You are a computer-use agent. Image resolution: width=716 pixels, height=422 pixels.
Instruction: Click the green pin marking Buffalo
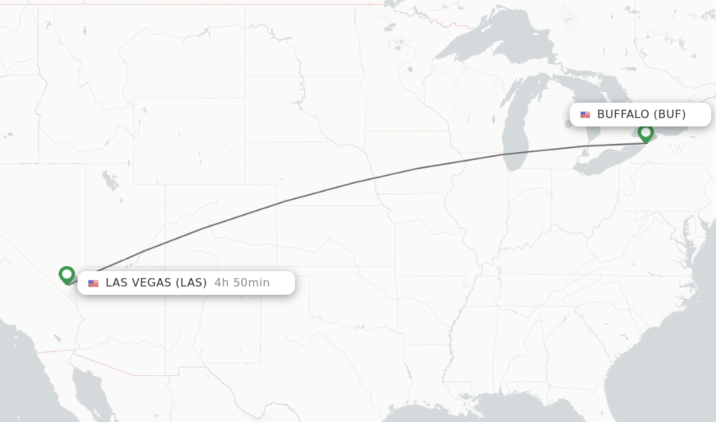pos(645,132)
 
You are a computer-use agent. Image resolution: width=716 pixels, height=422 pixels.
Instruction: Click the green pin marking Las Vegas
pos(67,275)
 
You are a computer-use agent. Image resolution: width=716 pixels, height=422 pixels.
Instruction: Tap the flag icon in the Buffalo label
pos(585,115)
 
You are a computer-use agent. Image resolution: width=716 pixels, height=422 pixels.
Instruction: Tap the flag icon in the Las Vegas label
pos(93,283)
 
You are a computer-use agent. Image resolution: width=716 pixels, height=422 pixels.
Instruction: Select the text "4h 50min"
pos(242,283)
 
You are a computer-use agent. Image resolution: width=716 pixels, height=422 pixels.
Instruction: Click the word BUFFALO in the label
pos(623,115)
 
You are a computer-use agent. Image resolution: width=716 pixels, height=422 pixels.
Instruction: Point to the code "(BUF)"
pos(670,115)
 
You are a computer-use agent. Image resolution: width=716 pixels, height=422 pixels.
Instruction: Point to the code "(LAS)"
pos(191,283)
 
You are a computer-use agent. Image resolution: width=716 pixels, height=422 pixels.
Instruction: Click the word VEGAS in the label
pos(152,283)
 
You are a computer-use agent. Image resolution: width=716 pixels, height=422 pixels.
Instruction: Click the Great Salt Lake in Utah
pos(110,181)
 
